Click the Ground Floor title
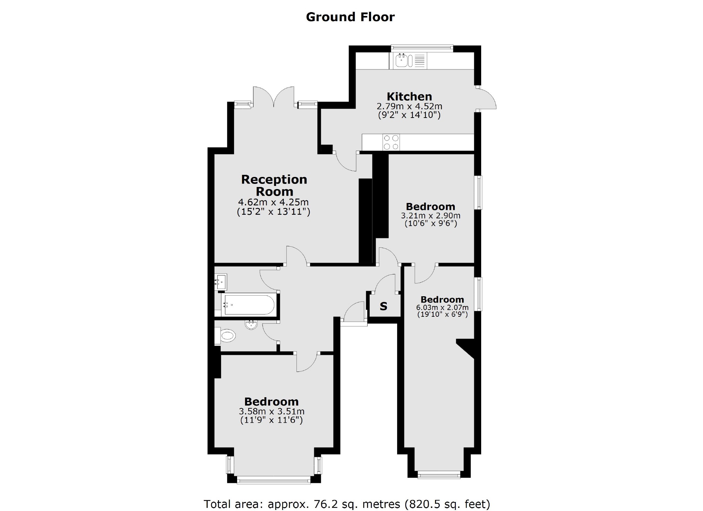point(350,17)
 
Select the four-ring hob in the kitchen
point(391,142)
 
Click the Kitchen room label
point(409,96)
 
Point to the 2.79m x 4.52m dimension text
point(409,107)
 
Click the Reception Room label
point(274,185)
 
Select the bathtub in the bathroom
point(249,305)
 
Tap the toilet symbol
point(227,335)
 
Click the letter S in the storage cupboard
point(383,306)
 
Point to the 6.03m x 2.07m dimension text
point(442,307)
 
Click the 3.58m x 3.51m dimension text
point(271,411)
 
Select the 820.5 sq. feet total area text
point(447,504)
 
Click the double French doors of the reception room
point(274,97)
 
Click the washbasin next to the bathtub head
point(221,282)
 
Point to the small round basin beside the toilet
point(251,325)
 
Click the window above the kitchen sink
point(422,48)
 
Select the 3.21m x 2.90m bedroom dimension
point(430,216)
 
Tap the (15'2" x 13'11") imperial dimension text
point(273,212)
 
